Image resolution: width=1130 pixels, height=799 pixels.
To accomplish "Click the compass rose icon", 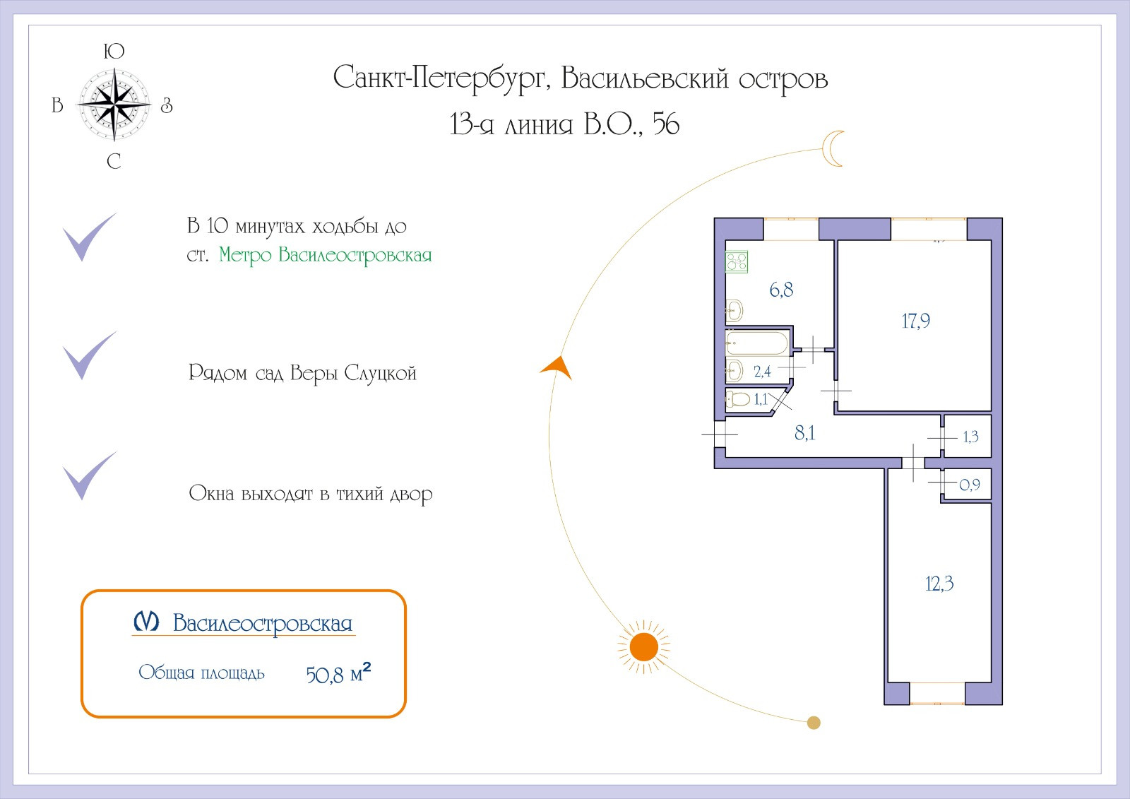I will (114, 105).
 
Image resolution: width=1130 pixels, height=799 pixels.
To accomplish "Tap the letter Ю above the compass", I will (114, 52).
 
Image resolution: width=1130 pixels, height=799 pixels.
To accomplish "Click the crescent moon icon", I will (833, 148).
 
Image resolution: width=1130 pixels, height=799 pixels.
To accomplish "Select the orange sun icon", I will (643, 646).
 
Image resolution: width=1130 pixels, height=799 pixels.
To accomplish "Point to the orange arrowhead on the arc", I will (557, 367).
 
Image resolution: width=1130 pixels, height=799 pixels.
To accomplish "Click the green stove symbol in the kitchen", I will (737, 262).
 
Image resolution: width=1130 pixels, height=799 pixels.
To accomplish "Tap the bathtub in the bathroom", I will (756, 344).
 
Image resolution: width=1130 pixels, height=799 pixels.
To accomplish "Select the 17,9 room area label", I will (915, 321).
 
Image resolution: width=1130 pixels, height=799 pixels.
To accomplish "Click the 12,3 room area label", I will (939, 584).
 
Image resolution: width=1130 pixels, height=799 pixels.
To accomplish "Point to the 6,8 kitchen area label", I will (781, 290).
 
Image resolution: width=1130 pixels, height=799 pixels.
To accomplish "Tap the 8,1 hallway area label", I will (804, 433).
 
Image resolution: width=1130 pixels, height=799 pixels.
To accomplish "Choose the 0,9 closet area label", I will (970, 485).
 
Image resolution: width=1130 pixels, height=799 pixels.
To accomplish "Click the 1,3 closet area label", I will (970, 437).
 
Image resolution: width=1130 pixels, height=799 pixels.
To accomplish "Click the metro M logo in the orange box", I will (147, 622).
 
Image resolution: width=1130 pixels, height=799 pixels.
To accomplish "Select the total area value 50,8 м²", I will (338, 673).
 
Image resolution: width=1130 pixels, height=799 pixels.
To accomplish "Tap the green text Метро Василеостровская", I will (325, 255).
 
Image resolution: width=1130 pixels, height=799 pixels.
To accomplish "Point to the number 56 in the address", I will (665, 124).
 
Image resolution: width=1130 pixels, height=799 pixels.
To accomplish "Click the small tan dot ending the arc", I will (814, 723).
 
